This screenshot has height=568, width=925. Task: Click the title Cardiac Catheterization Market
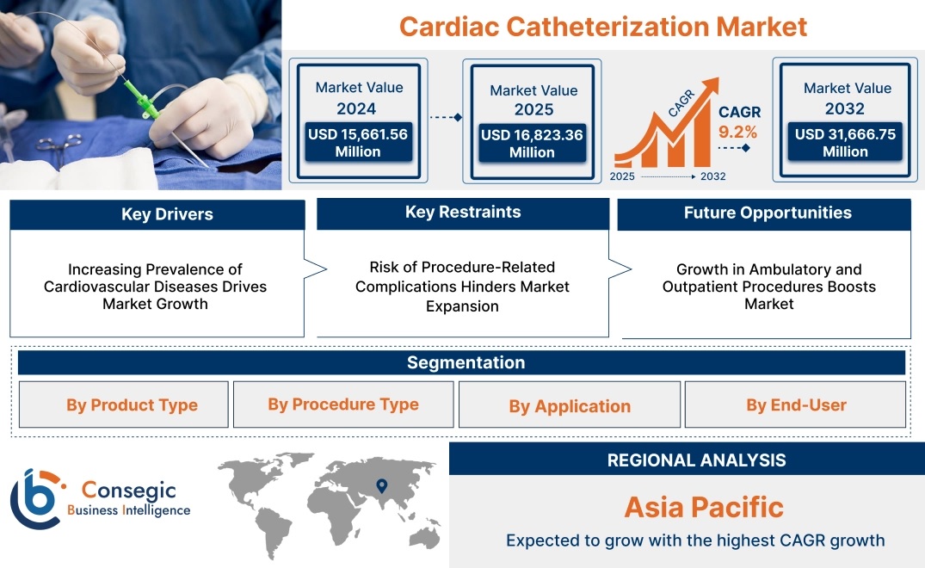coord(603,27)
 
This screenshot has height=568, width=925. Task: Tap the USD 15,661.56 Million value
coord(357,143)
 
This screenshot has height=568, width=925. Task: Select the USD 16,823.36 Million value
coord(532,144)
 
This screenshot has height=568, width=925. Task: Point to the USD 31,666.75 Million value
coord(845,143)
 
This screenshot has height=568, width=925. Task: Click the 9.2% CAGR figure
coord(737,132)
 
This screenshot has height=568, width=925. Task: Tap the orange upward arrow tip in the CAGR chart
coord(718,78)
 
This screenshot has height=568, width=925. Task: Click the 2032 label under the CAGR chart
coord(712,176)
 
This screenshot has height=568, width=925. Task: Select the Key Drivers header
coord(167,214)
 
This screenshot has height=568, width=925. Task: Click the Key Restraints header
coord(463,213)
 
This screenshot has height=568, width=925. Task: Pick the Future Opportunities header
coord(768,213)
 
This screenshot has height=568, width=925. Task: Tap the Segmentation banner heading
coord(466,362)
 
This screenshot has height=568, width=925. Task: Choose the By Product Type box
coord(123,404)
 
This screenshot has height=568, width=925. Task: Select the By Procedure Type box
coord(343,404)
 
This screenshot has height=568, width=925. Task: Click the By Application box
coord(570,404)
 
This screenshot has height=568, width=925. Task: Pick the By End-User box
coord(795,404)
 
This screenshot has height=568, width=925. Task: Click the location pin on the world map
coord(382,485)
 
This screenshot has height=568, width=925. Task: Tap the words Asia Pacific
coord(704,507)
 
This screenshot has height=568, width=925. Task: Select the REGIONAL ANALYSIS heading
coord(696,460)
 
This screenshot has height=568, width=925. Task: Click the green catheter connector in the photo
coord(142,99)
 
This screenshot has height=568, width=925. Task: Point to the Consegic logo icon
coord(35,499)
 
